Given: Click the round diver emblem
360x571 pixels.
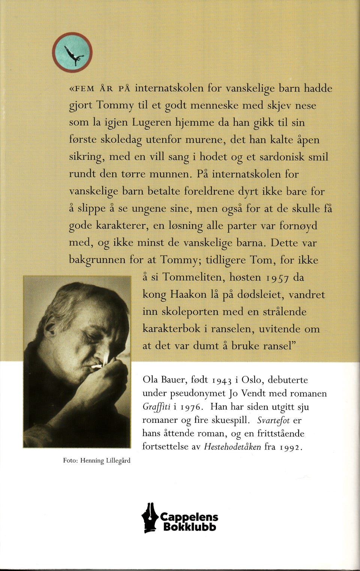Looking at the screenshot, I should tap(72, 53).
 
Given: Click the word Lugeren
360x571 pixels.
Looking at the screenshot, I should tap(152, 123).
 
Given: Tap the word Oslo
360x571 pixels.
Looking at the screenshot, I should tap(253, 380).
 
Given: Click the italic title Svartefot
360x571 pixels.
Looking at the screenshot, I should tap(273, 421).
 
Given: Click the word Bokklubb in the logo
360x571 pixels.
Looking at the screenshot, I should tap(189, 527).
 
